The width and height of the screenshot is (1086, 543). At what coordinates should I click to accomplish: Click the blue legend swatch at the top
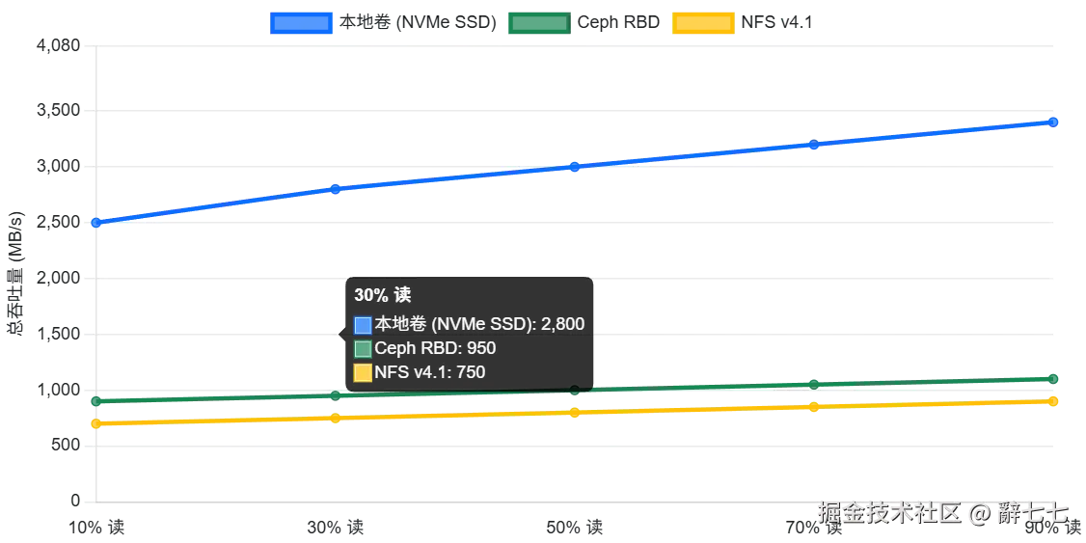coord(302,22)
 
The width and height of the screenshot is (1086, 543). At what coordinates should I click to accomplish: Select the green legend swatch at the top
coord(536,22)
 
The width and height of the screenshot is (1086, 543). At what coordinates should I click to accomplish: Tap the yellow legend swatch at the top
coord(703,22)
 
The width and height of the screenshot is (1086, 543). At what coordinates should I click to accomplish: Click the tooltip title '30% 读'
coord(382,295)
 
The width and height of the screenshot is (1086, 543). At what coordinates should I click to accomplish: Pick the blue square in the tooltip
coord(363,325)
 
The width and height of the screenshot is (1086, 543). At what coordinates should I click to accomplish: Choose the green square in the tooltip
coord(363,349)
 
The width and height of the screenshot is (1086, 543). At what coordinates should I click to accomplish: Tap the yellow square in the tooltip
coord(363,373)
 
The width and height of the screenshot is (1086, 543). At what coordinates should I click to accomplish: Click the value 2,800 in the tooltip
coord(562,324)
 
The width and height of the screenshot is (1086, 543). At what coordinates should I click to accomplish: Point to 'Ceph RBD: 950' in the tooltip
coord(435,348)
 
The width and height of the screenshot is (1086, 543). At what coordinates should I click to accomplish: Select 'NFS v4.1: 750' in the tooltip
coord(429,372)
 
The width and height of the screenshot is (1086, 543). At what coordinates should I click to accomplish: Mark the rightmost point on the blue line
coord(1055,122)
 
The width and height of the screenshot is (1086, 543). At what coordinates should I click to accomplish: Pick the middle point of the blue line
coord(575,167)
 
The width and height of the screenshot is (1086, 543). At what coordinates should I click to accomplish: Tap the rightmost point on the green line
coord(1055,377)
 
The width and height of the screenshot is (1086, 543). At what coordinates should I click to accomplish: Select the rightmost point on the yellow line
coord(1055,400)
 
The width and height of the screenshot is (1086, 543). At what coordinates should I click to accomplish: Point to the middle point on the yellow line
coord(575,413)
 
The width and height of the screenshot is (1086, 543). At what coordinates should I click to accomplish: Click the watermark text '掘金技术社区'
coord(889,511)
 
